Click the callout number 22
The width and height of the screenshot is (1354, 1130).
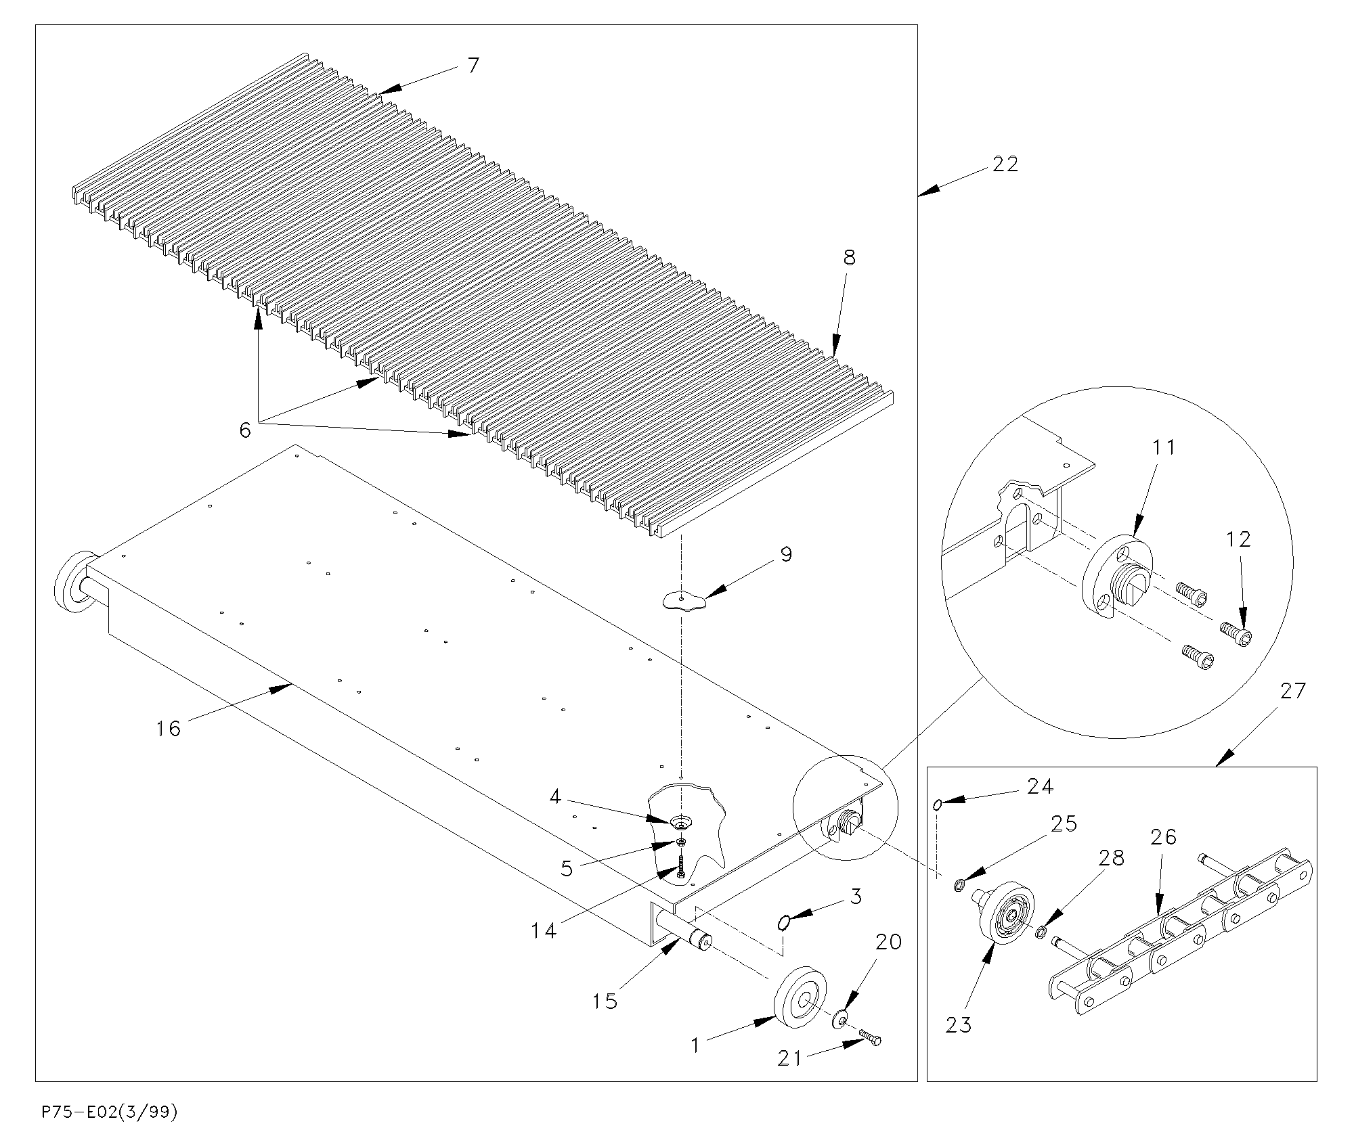coord(1005,164)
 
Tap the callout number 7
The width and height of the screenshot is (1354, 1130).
coord(473,66)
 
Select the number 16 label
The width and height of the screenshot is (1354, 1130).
coord(169,729)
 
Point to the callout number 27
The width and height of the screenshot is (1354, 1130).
coord(1292,692)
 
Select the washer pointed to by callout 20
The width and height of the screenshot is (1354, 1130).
coord(839,1018)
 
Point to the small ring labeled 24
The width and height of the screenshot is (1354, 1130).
coord(938,804)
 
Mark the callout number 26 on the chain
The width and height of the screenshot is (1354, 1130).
coord(1163,838)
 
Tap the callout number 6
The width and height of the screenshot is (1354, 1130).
coord(245,429)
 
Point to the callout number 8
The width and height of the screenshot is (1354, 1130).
coord(849,258)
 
